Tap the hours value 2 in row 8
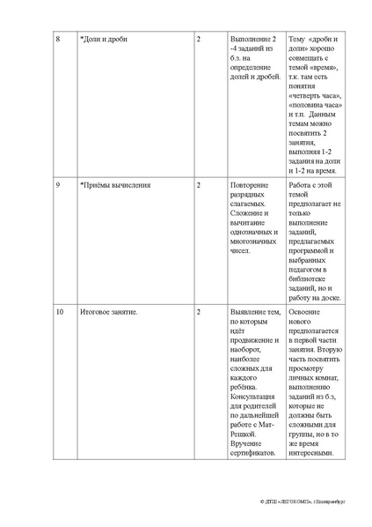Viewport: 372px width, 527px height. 199,41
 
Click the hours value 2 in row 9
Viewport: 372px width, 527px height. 199,185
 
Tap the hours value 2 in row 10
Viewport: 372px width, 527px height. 199,313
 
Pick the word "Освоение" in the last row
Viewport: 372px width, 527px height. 307,313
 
